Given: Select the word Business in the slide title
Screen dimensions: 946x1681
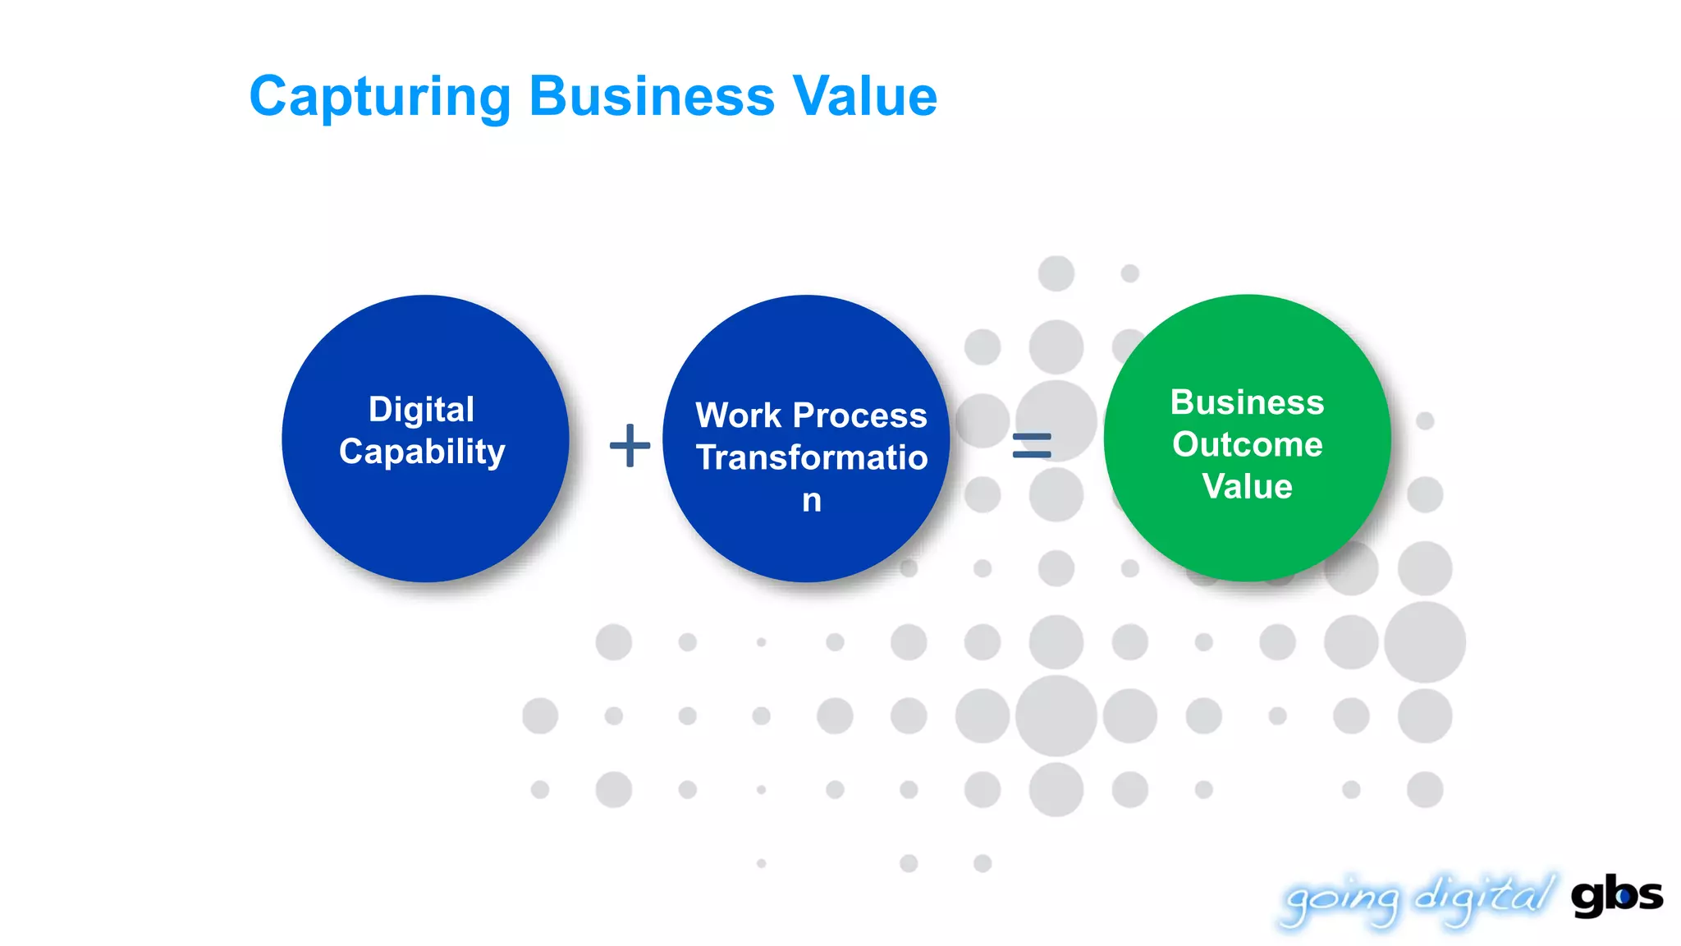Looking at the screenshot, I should pos(652,97).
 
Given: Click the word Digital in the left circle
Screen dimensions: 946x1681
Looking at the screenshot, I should pos(421,409).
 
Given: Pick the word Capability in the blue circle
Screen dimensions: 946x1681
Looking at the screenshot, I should pos(422,452).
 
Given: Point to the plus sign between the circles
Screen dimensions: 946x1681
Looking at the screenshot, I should pos(630,445).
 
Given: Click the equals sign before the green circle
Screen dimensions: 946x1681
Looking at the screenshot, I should pos(1032,445).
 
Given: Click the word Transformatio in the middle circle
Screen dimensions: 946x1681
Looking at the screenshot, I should pos(812,457).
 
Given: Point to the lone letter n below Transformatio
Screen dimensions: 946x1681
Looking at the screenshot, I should pos(812,500).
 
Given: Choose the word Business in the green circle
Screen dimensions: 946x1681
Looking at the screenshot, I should pos(1247,402).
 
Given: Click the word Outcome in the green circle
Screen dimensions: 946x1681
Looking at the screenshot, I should pos(1247,444).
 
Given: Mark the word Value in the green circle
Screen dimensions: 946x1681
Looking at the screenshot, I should pos(1247,486).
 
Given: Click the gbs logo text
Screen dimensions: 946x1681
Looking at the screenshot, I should pos(1616,895).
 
